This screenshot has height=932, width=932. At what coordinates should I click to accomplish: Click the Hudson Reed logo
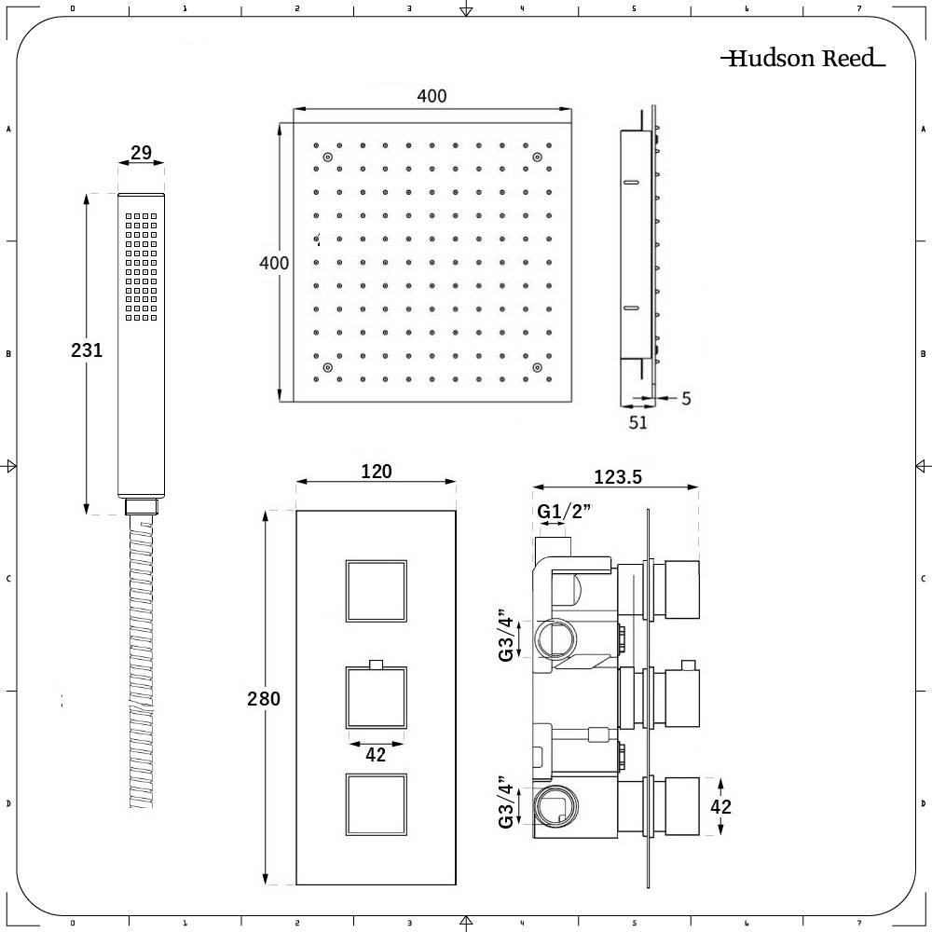pyautogui.click(x=802, y=59)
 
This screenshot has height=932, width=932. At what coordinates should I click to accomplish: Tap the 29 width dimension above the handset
pyautogui.click(x=142, y=153)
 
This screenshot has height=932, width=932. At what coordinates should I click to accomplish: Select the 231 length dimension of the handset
pyautogui.click(x=87, y=350)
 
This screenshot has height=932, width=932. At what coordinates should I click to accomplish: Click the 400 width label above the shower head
pyautogui.click(x=432, y=96)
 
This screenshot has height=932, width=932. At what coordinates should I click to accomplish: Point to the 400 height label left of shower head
pyautogui.click(x=274, y=264)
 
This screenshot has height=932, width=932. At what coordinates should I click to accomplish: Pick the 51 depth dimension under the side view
pyautogui.click(x=637, y=422)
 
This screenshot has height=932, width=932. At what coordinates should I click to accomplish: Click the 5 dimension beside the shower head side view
pyautogui.click(x=686, y=399)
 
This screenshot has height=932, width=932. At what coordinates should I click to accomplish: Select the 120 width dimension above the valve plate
pyautogui.click(x=376, y=472)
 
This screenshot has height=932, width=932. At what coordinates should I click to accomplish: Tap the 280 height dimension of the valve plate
pyautogui.click(x=265, y=698)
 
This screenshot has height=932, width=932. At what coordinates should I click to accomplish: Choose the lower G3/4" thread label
pyautogui.click(x=507, y=802)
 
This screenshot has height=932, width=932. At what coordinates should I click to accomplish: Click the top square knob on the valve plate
pyautogui.click(x=377, y=591)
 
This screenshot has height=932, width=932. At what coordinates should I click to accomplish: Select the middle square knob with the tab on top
pyautogui.click(x=377, y=698)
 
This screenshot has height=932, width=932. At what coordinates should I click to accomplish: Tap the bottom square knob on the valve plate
pyautogui.click(x=377, y=804)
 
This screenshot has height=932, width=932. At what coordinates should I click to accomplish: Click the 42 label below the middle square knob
pyautogui.click(x=376, y=756)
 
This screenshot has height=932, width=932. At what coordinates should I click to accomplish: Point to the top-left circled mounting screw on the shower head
pyautogui.click(x=327, y=159)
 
